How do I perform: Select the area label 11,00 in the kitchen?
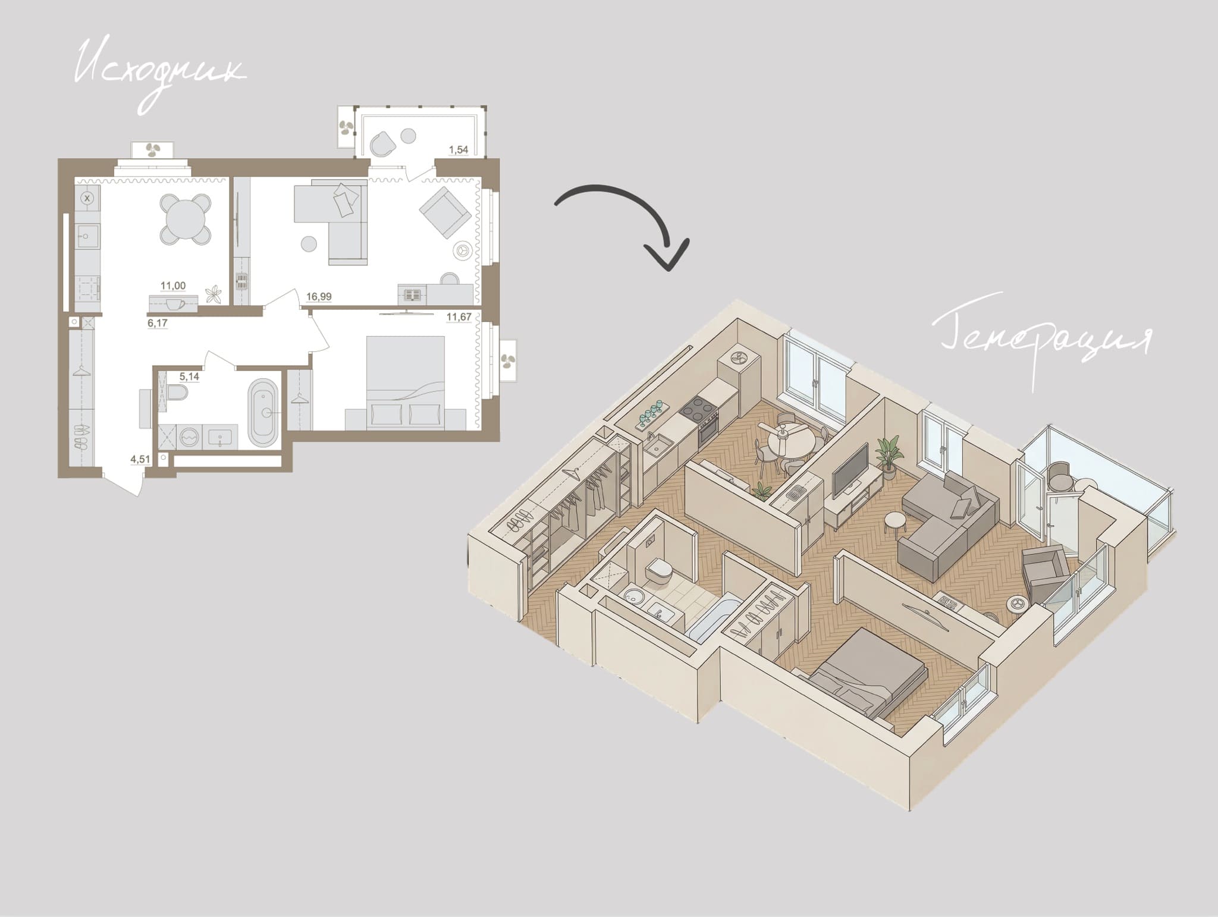[x=173, y=285]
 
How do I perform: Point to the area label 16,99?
[x=319, y=296]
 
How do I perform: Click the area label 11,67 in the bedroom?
[x=459, y=317]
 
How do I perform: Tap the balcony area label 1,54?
[x=458, y=150]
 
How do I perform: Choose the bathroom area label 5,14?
[x=189, y=376]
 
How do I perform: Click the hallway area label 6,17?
[x=158, y=324]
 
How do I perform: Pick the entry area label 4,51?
[x=140, y=458]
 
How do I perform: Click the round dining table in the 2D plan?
[x=186, y=218]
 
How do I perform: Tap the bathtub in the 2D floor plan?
[x=263, y=412]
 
